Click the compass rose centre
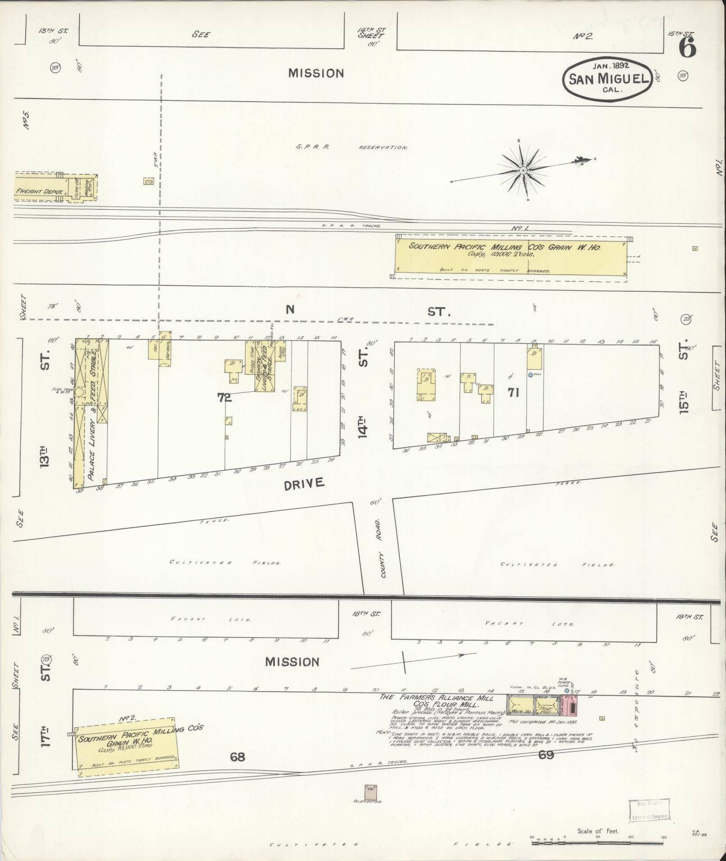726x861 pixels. point(523,171)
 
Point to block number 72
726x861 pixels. point(224,398)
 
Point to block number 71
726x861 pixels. point(514,392)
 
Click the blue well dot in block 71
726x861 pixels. point(530,374)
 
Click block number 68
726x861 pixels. point(237,757)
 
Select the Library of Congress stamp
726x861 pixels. point(648,811)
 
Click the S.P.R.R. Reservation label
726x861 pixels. point(352,147)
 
